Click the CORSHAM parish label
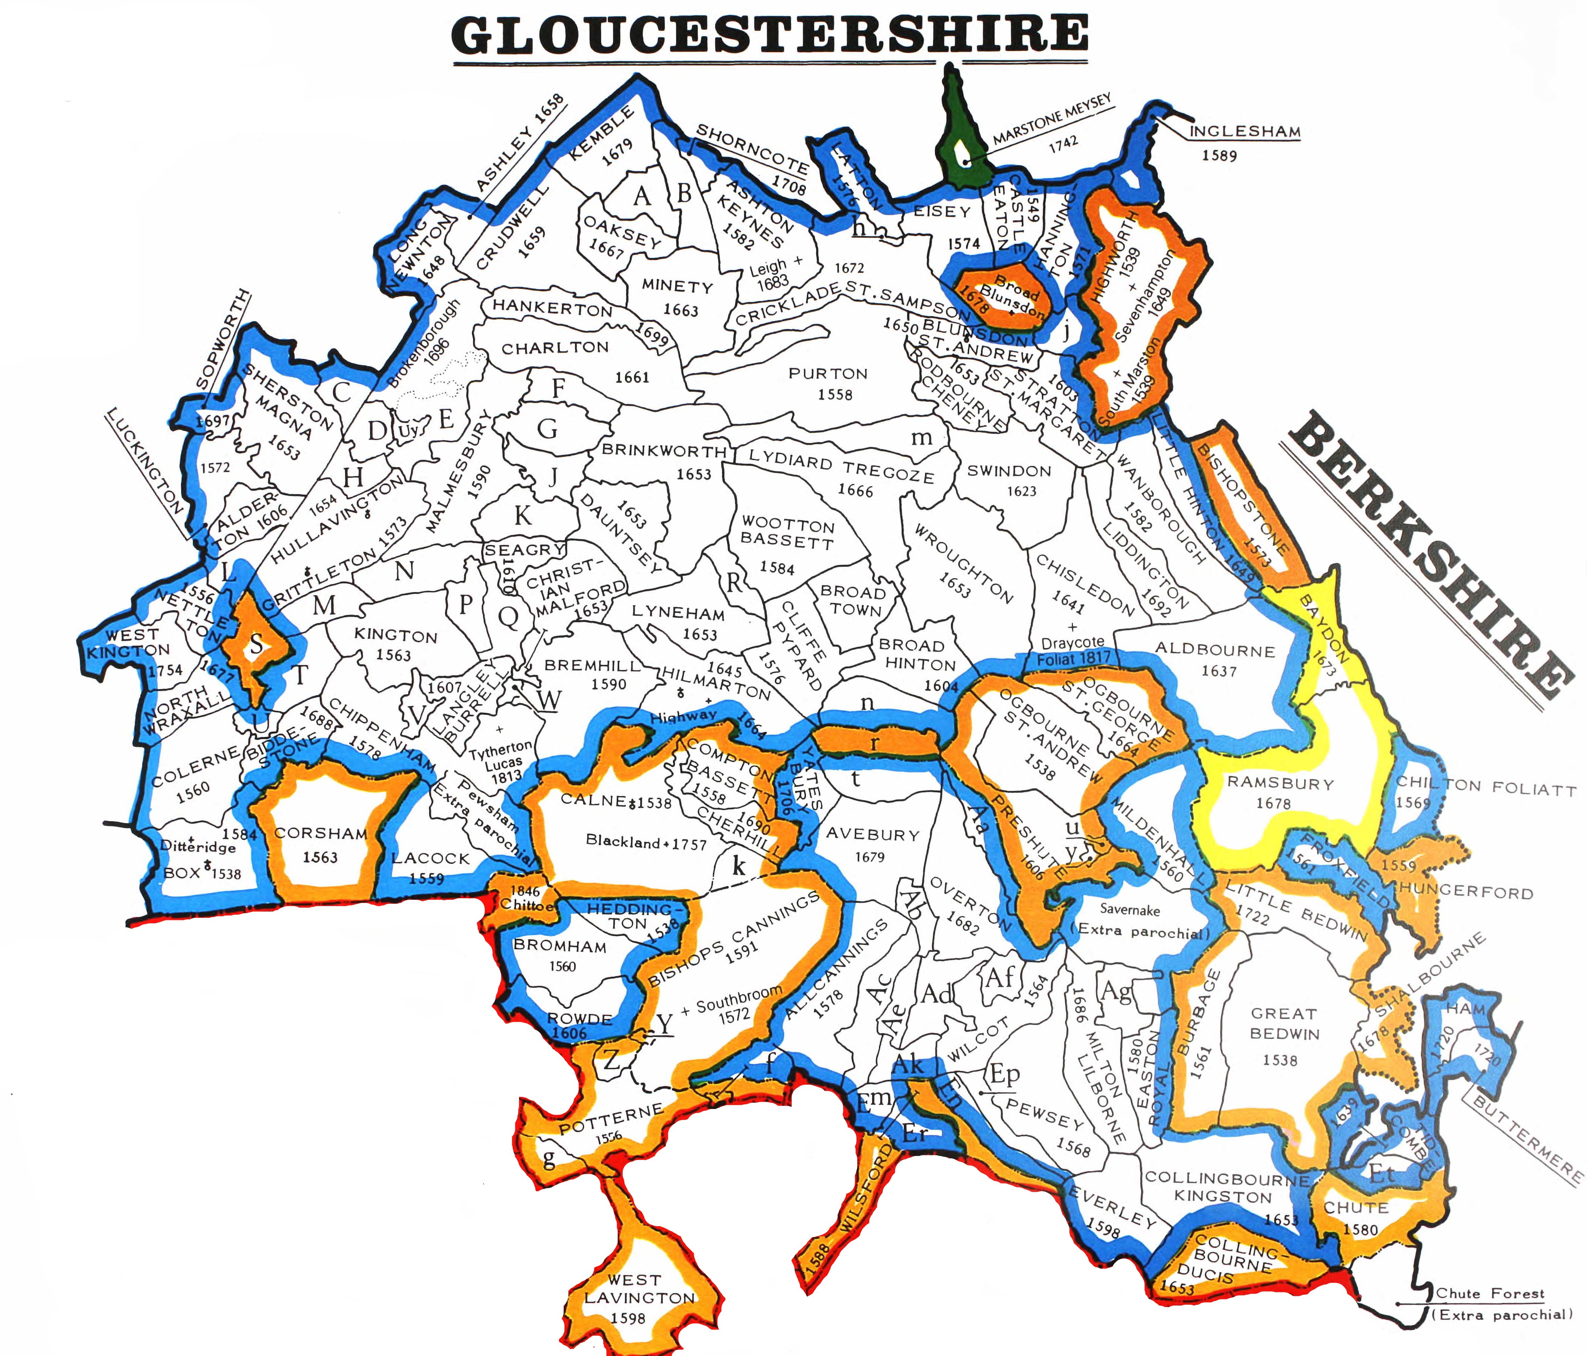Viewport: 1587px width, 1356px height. tap(320, 834)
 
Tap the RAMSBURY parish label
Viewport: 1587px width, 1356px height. tap(1280, 784)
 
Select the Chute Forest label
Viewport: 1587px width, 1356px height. tap(1490, 1293)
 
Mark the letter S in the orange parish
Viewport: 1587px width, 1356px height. tap(257, 645)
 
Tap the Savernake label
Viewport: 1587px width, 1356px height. tap(1130, 910)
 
